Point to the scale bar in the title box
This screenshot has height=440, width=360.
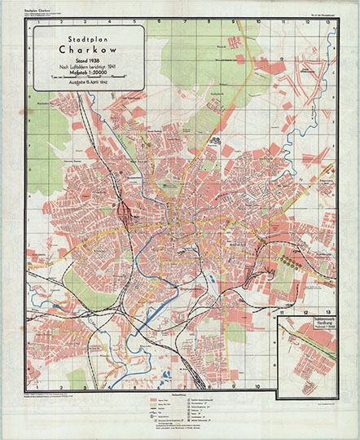86,77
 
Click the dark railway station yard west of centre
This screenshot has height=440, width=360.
124,214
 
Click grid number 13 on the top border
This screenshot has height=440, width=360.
327,22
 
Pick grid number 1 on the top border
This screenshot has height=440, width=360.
38,22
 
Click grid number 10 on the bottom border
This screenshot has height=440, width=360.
257,385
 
